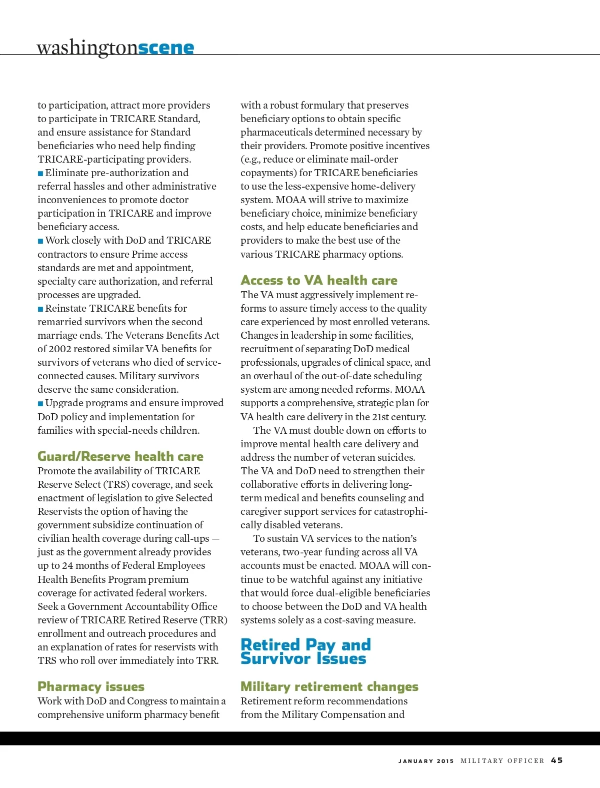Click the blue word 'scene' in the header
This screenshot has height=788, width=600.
click(166, 48)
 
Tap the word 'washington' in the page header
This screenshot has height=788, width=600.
click(87, 48)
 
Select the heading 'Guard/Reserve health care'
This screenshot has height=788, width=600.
click(120, 456)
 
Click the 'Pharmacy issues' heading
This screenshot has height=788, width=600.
click(91, 686)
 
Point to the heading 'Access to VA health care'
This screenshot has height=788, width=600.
click(319, 280)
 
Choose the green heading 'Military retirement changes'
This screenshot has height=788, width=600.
click(329, 686)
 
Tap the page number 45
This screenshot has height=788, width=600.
click(557, 760)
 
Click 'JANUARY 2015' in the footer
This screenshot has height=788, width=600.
click(426, 761)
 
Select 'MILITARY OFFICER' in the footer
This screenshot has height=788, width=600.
click(502, 761)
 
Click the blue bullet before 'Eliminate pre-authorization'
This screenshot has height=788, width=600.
click(40, 174)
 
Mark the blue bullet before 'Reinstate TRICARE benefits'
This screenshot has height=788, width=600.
click(40, 309)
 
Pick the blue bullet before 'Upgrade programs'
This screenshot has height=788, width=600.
click(40, 404)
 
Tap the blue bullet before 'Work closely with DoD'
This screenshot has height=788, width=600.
click(40, 241)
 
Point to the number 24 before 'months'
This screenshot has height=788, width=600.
click(67, 566)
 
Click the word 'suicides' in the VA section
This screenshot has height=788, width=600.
click(397, 457)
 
